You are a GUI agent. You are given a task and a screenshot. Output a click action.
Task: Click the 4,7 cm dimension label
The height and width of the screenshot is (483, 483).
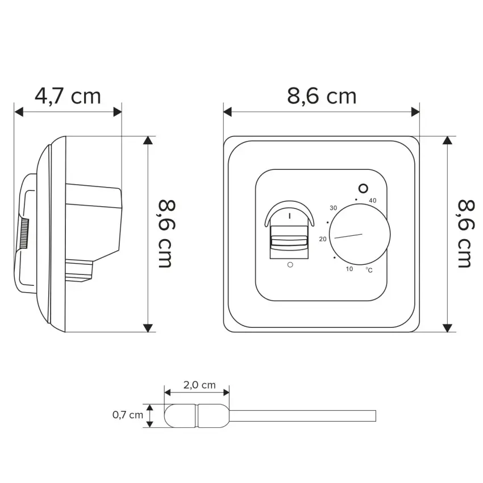click(x=68, y=96)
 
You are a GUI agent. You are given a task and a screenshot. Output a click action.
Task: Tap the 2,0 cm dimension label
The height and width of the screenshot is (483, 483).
click(x=199, y=385)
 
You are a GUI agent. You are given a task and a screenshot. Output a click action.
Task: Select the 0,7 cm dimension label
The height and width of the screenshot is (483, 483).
click(x=127, y=415)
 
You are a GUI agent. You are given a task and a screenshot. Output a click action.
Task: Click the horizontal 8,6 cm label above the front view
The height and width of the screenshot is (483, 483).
click(x=322, y=96)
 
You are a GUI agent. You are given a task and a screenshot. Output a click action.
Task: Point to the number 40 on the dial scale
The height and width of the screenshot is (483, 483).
click(x=372, y=201)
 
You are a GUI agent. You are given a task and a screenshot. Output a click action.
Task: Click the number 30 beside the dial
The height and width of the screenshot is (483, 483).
click(x=334, y=208)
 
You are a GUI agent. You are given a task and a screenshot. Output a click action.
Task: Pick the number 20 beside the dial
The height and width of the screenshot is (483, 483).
click(x=323, y=239)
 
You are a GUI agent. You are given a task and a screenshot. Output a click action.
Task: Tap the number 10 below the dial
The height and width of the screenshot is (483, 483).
click(x=349, y=269)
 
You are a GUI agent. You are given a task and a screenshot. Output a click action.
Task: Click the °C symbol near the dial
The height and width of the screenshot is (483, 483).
click(x=369, y=270)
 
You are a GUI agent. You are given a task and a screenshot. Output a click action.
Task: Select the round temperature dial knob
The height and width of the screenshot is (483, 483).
click(x=360, y=235)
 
